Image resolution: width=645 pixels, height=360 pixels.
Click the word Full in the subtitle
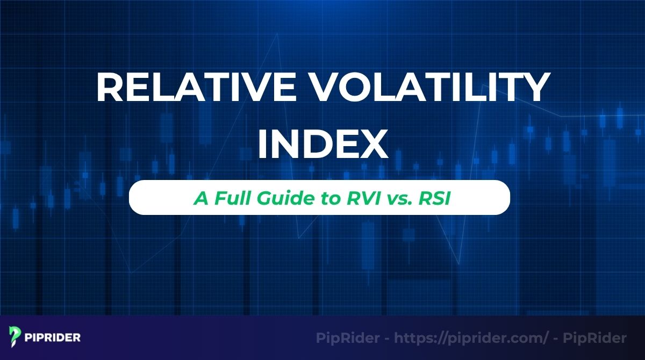click(231, 198)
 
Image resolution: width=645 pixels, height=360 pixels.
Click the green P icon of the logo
click(15, 337)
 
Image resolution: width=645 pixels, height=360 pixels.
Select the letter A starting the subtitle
click(200, 198)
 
